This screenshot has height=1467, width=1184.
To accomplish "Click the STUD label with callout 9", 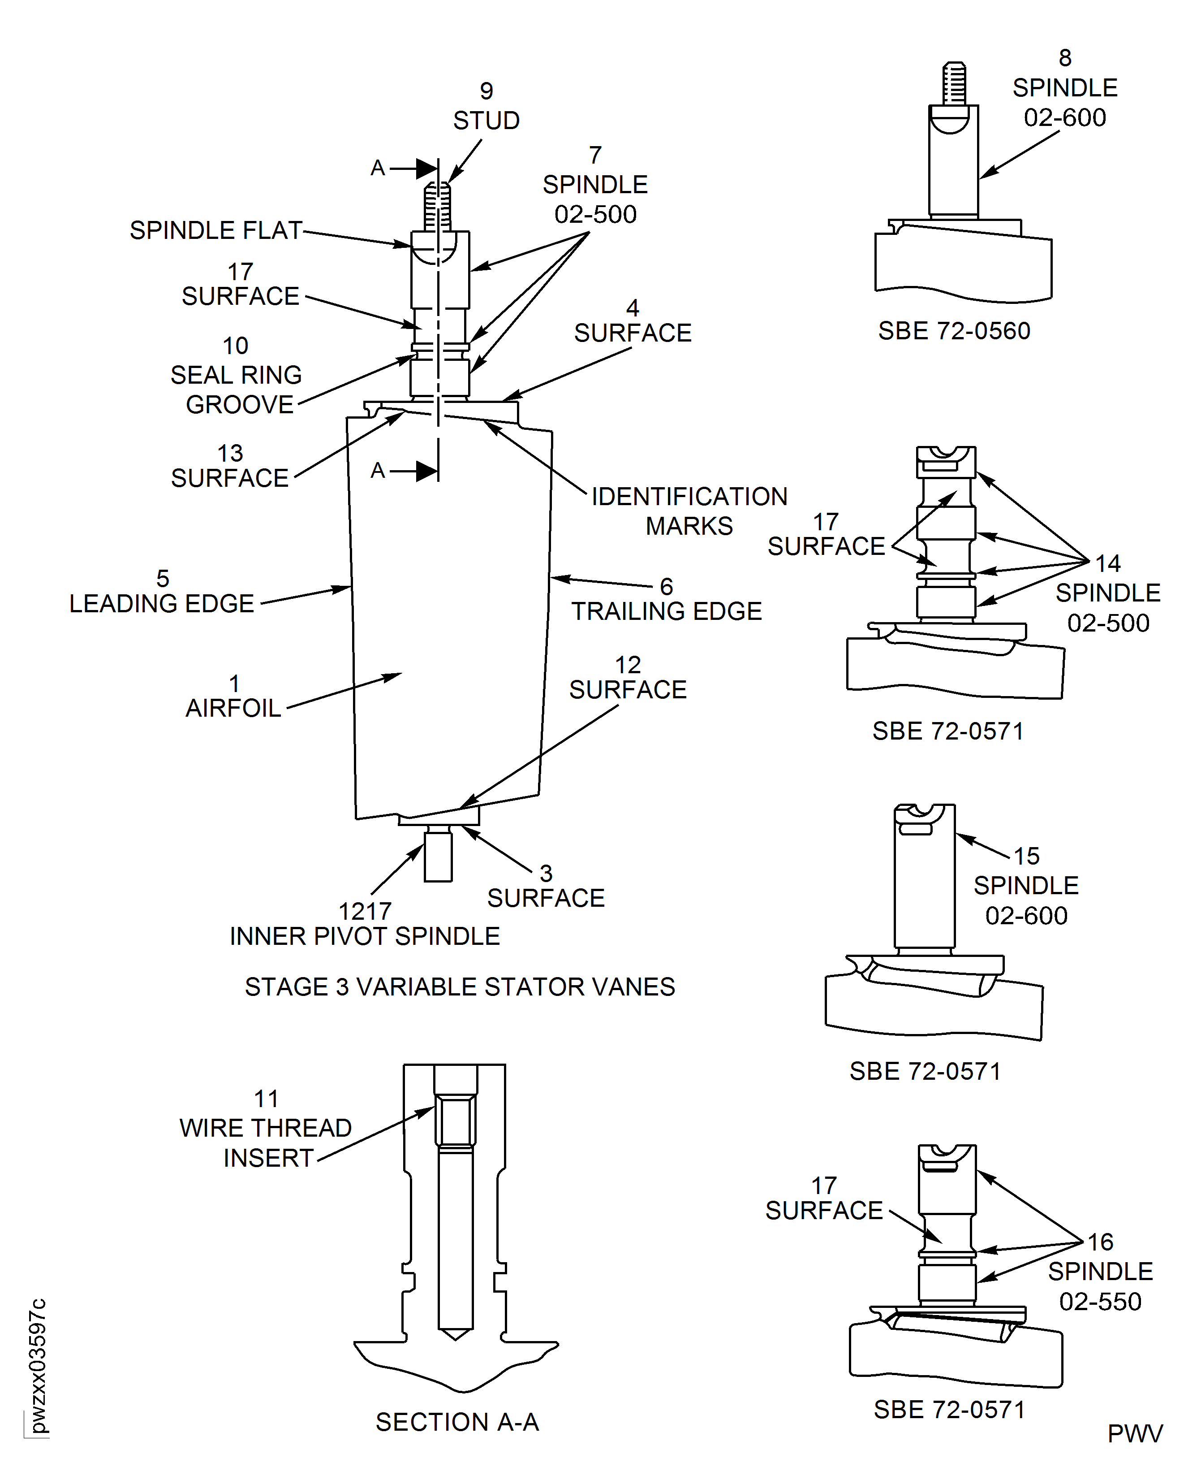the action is pyautogui.click(x=487, y=121).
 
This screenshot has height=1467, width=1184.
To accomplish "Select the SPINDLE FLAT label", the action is pyautogui.click(x=216, y=231).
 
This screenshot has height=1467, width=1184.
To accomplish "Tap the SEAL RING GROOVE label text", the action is pyautogui.click(x=237, y=389).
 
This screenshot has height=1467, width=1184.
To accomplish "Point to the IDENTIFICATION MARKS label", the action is pyautogui.click(x=689, y=511).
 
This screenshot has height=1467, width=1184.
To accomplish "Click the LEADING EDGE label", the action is pyautogui.click(x=162, y=604).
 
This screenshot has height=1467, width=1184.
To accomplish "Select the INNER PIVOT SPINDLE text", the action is pyautogui.click(x=365, y=936).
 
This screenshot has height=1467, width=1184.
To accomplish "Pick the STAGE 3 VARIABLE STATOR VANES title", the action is pyautogui.click(x=460, y=987).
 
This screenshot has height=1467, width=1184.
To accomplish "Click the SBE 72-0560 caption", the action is pyautogui.click(x=954, y=331).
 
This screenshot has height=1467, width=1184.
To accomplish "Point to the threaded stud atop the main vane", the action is pyautogui.click(x=437, y=206).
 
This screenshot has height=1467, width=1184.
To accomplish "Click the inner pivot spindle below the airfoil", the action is pyautogui.click(x=438, y=853).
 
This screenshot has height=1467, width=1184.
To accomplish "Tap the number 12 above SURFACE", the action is pyautogui.click(x=628, y=665).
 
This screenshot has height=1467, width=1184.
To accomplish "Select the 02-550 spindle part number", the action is pyautogui.click(x=1100, y=1301).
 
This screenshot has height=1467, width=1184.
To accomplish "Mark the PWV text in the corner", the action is pyautogui.click(x=1135, y=1433).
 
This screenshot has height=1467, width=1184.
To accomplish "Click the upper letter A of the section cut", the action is pyautogui.click(x=378, y=168).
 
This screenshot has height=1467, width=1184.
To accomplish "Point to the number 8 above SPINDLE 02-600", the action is pyautogui.click(x=1065, y=58).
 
